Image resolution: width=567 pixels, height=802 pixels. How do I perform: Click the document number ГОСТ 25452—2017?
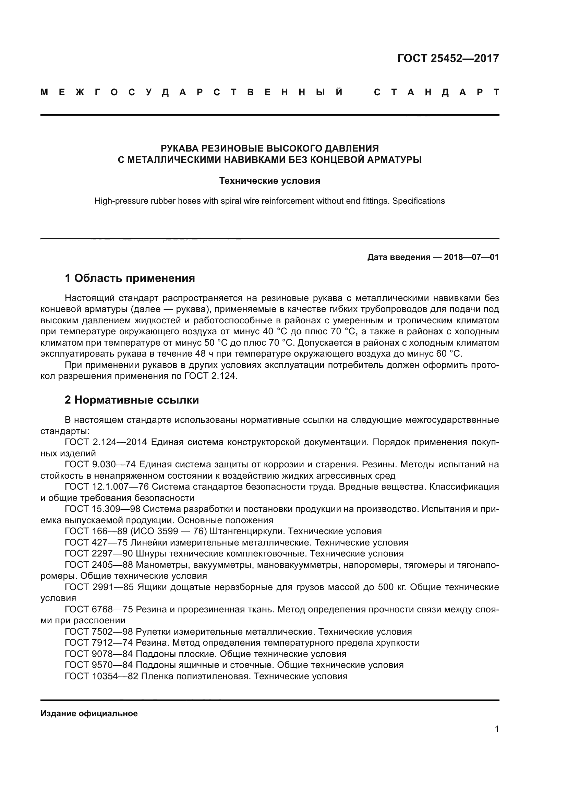(448, 58)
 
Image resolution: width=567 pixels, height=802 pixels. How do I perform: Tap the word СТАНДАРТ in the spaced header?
(436, 92)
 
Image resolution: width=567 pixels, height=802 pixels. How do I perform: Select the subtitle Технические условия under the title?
(269, 181)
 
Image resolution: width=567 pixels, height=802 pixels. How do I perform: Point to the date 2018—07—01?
(471, 258)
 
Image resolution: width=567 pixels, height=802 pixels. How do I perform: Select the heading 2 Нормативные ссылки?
(132, 399)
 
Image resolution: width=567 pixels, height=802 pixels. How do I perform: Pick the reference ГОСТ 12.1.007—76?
(107, 487)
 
